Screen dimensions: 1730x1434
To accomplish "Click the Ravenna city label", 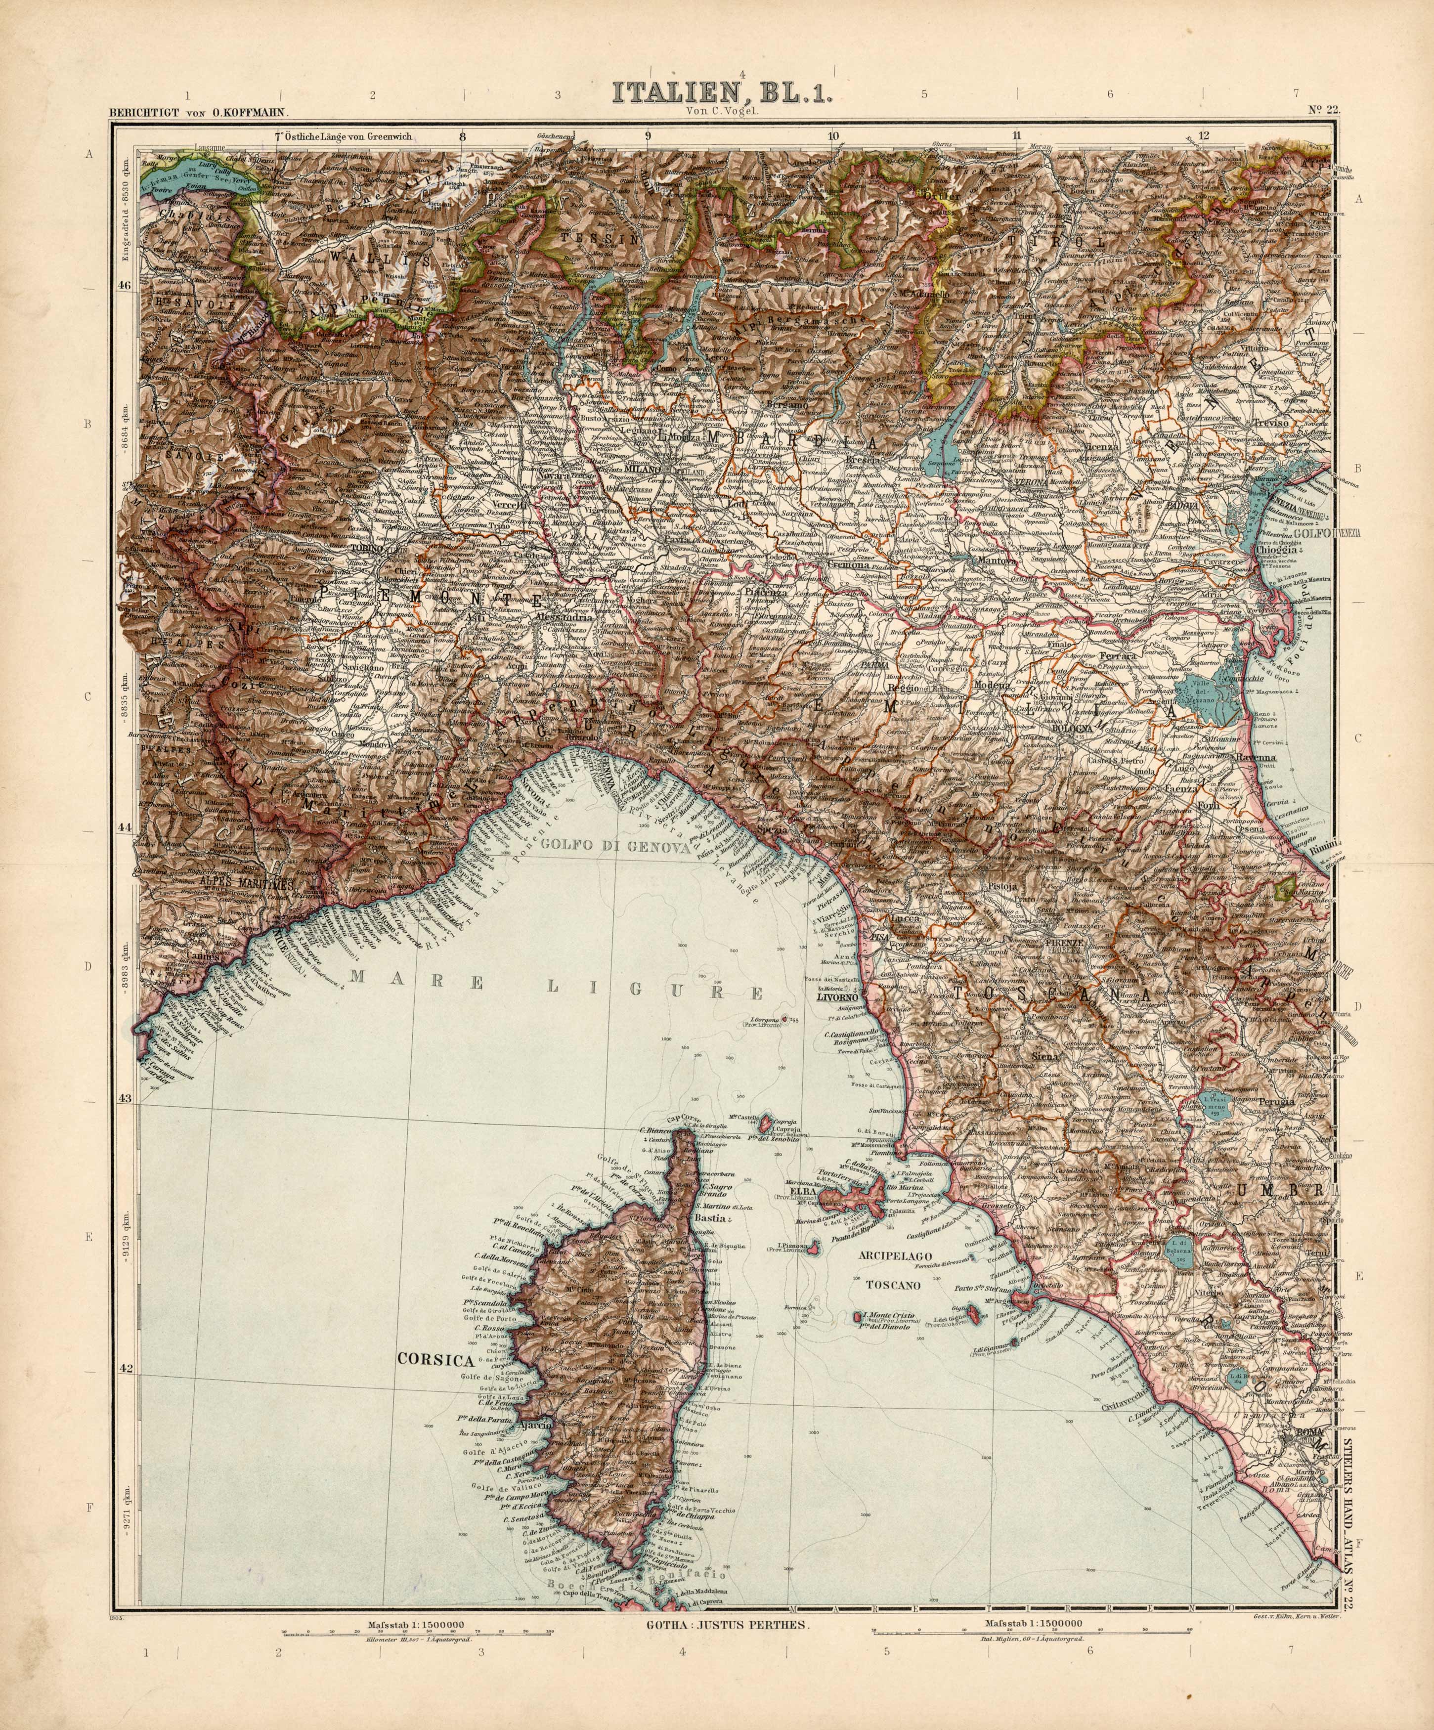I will pos(1254,756).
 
